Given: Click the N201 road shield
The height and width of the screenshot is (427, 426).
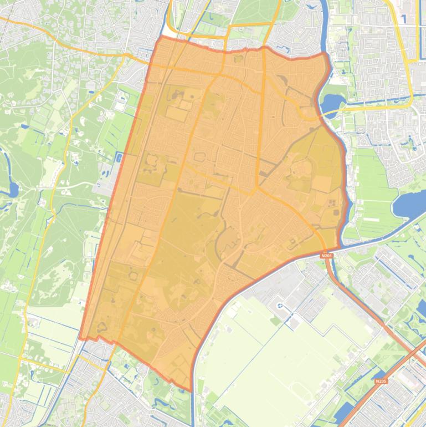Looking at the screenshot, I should tap(326, 255).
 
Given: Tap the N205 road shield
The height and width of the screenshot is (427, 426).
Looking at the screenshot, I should tap(380, 382).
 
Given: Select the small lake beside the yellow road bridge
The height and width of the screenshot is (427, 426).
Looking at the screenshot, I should tap(333, 103).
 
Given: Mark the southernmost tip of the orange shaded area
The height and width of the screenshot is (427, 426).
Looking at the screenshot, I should tap(191, 390).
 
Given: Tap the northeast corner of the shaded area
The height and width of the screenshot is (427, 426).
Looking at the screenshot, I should tap(324, 54).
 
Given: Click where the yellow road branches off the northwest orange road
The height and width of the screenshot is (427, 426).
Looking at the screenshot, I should tap(129, 57).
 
